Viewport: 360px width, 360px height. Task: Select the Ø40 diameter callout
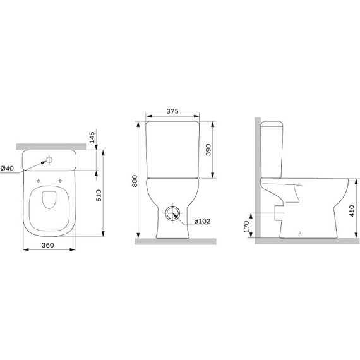pyautogui.click(x=7, y=168)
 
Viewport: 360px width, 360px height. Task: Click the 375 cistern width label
pyautogui.click(x=172, y=111)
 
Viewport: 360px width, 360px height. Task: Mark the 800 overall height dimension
pyautogui.click(x=133, y=181)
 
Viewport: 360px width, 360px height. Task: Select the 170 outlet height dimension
pyautogui.click(x=246, y=225)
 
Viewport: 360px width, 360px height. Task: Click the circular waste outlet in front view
pyautogui.click(x=172, y=213)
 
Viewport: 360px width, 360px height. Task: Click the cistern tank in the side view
pyautogui.click(x=272, y=148)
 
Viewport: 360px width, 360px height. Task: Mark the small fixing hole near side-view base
pyautogui.click(x=299, y=232)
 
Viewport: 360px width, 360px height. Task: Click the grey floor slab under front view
pyautogui.click(x=175, y=241)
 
